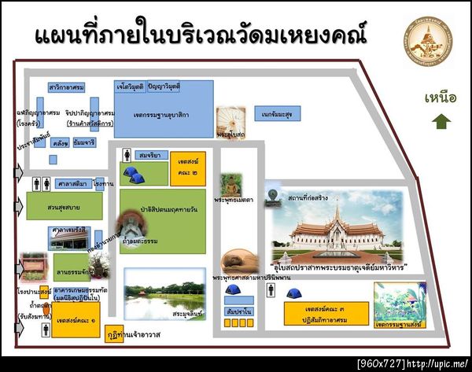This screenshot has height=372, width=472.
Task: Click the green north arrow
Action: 441,121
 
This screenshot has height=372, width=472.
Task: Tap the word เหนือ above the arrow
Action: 441,98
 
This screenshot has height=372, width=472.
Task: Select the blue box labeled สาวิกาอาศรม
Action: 66,87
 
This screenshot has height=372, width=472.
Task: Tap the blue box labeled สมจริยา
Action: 149,155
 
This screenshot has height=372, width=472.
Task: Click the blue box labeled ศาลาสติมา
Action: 72,183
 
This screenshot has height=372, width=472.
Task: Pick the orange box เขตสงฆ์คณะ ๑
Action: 77,322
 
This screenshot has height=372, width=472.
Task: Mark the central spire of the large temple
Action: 337,212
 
